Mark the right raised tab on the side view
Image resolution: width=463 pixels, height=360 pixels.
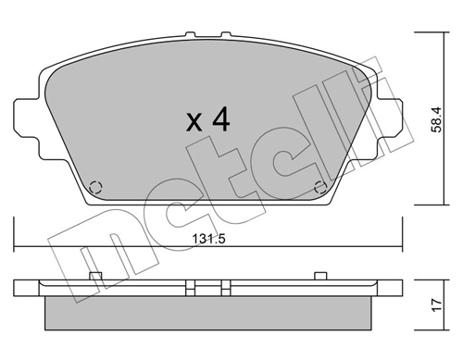pos(320,274)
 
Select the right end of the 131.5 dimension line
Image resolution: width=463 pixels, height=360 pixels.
pos(403,246)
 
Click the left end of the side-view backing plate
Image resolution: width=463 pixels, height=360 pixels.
pos(18,287)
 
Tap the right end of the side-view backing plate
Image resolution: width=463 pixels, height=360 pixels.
pos(400,287)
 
